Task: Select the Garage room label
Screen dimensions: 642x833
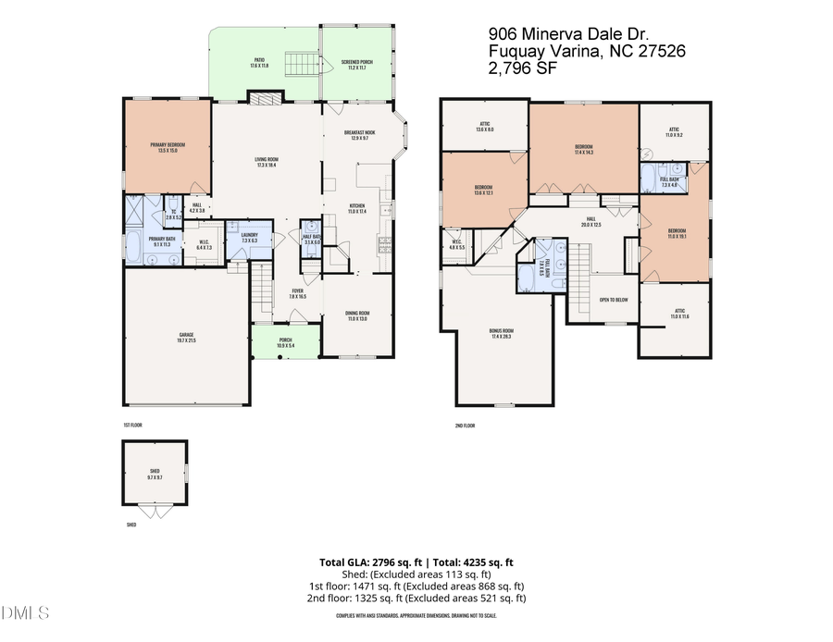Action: pos(187,338)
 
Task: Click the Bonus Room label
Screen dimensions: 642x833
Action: pos(502,333)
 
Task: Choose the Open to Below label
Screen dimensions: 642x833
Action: pos(614,300)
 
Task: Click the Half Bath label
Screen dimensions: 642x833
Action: pos(312,239)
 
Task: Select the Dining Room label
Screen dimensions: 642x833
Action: pos(357,316)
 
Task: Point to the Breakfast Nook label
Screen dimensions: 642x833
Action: pos(359,135)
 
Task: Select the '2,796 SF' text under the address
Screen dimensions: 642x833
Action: pos(522,68)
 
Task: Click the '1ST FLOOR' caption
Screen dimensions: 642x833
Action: pos(132,425)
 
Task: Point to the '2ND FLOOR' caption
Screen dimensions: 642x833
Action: pos(465,425)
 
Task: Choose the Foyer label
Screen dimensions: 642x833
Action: pos(298,293)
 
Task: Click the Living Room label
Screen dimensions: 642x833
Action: pos(267,161)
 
